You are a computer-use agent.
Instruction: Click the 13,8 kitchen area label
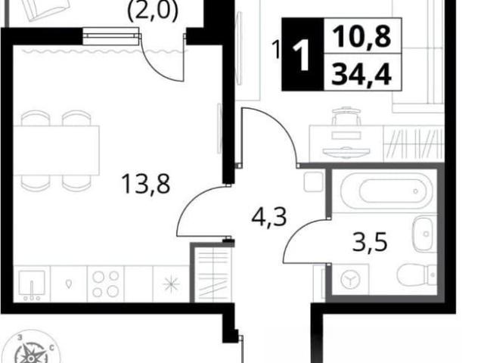pos(146,184)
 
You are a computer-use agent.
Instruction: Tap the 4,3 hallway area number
pos(269,217)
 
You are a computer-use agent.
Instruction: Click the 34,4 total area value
pos(361,75)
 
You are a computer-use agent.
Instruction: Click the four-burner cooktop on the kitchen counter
pos(106,284)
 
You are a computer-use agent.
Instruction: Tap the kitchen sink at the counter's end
pos(32,284)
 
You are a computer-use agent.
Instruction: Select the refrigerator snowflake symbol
pos(172,284)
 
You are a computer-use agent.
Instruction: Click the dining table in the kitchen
pos(56,150)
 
